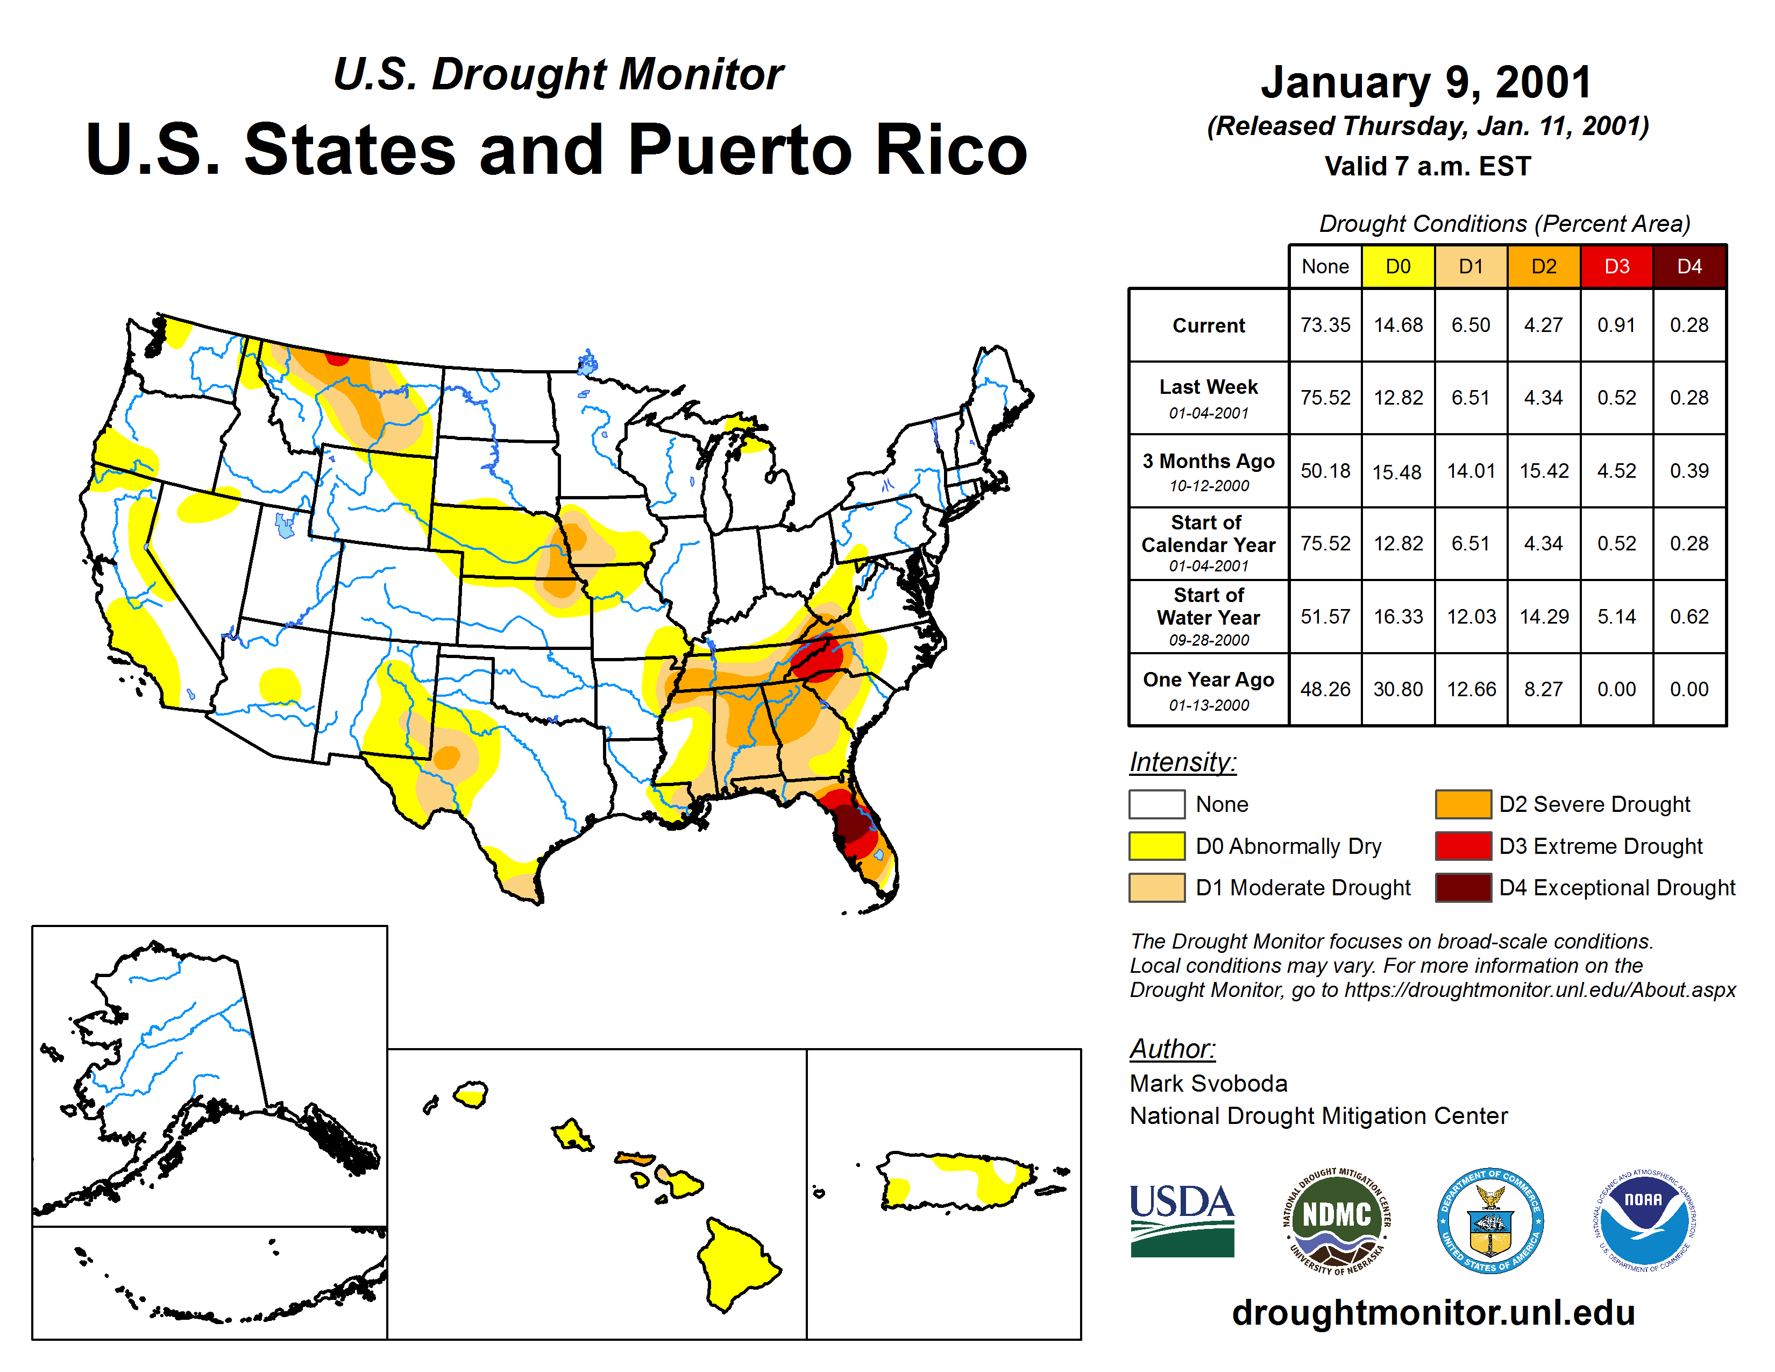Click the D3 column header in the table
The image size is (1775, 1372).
click(1616, 266)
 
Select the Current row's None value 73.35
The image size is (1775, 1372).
click(1325, 325)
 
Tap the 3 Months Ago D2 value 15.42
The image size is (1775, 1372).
click(1543, 471)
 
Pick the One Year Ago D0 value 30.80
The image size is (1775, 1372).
click(1398, 689)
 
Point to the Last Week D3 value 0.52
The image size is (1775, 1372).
click(1616, 398)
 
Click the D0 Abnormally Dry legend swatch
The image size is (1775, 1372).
click(1156, 846)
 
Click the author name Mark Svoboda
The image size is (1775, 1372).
click(1208, 1084)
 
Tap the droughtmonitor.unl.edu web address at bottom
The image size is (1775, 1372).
click(1433, 1313)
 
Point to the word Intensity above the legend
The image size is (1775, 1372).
click(1182, 762)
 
